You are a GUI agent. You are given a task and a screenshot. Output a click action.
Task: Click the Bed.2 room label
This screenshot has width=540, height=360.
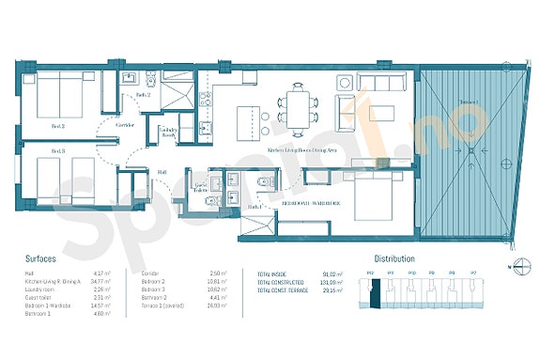pos(58,125)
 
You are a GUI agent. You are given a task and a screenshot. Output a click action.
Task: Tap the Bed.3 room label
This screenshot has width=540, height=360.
pos(58,151)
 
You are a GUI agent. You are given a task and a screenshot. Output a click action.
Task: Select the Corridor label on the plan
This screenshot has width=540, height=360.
pos(126,125)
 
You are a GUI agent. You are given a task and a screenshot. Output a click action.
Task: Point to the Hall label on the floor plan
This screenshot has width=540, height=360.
pos(162,172)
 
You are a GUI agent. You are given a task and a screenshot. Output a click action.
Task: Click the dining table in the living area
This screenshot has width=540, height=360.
pos(299,102)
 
